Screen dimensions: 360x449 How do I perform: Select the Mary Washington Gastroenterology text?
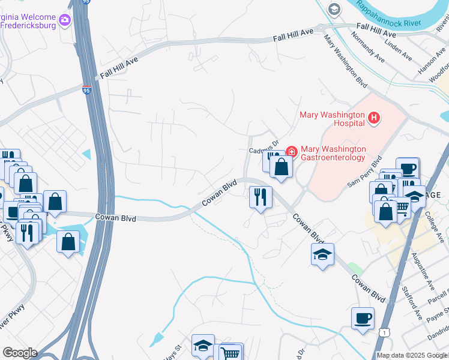coord(333,153)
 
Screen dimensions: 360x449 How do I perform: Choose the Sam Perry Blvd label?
coord(364,173)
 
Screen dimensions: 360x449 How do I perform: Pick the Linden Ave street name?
coord(398,50)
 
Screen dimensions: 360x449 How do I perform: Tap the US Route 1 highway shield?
coord(384,331)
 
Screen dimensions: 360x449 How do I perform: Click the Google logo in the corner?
coord(19,353)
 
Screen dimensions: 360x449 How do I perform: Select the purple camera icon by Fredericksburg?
coord(65,22)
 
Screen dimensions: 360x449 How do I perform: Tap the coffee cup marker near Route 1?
coord(363,318)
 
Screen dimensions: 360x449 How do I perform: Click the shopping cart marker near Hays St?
coord(231,353)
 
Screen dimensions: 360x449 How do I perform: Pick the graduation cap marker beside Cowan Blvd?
coord(322,254)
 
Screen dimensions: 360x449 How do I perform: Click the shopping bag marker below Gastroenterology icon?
coord(281,167)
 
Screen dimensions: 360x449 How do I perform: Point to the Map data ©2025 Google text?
coord(412,355)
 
